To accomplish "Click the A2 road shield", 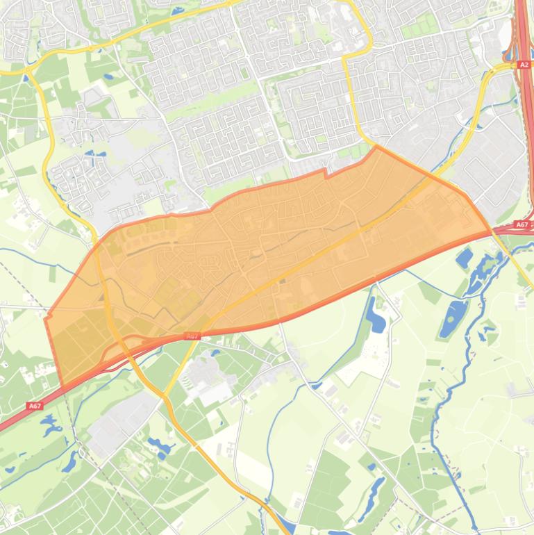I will (524, 65).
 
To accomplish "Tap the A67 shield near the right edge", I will (522, 224).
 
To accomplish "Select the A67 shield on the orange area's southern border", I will (192, 336).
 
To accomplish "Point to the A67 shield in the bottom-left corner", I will (35, 406).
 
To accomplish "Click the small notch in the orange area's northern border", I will (325, 172).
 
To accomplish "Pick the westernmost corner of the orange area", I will (46, 319).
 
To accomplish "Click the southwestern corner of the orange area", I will (63, 387).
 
